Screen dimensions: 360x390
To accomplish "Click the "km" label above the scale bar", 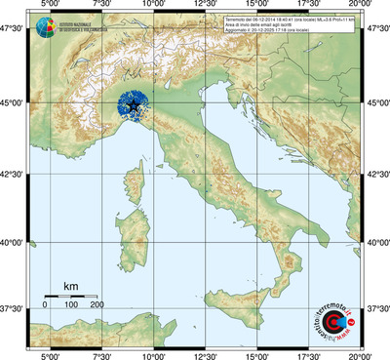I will [x=70, y=286].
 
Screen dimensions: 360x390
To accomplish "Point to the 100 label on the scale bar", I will [x=70, y=305].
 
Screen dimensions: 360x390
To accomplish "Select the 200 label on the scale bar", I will [x=97, y=305].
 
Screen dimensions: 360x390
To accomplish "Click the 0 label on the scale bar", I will [x=45, y=305].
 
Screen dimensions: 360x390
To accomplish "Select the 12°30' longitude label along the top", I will [x=205, y=6].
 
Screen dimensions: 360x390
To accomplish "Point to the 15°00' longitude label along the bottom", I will [x=257, y=355].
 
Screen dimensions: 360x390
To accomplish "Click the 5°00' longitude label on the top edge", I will [x=47, y=6].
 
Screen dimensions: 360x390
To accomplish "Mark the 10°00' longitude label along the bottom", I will [x=152, y=355].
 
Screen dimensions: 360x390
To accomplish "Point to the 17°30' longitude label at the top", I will [x=309, y=6].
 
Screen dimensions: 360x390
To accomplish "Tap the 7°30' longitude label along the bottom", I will [x=99, y=355].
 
